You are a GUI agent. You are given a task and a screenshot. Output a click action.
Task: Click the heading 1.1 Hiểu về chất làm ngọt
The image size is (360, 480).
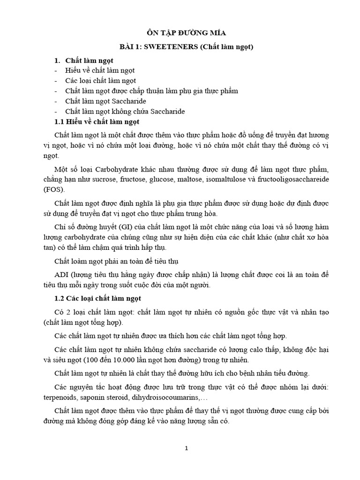97,122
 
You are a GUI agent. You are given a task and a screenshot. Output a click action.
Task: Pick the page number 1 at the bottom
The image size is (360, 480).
187,448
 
